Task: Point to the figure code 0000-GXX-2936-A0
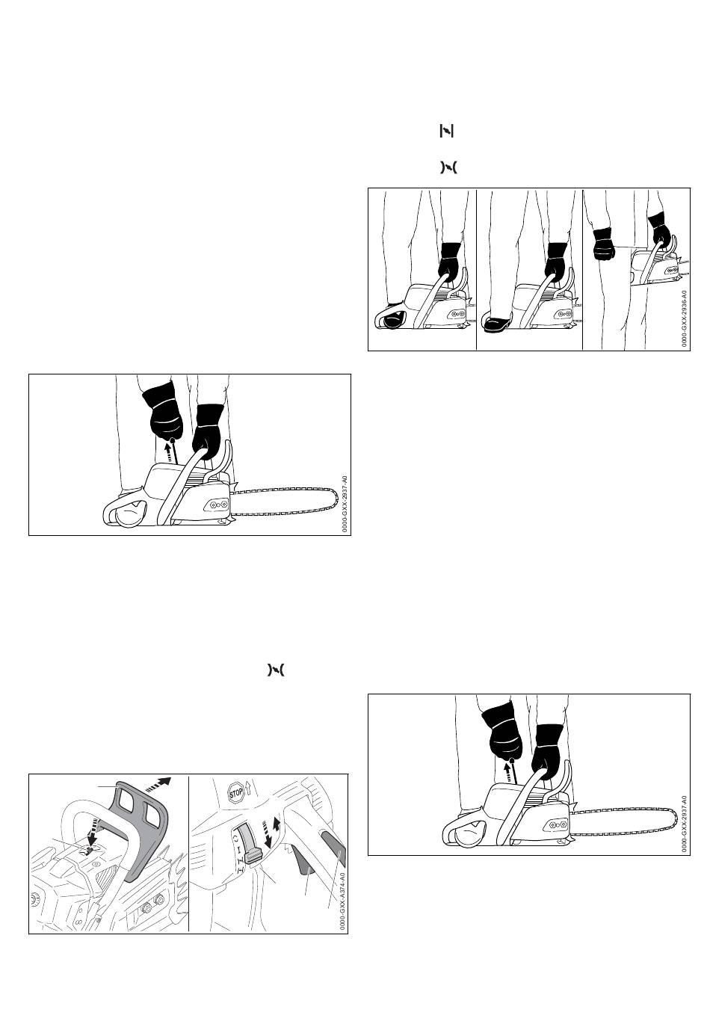pos(683,318)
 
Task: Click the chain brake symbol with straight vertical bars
pos(446,132)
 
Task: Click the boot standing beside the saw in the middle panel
pos(497,324)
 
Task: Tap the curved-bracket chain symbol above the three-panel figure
pos(448,168)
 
